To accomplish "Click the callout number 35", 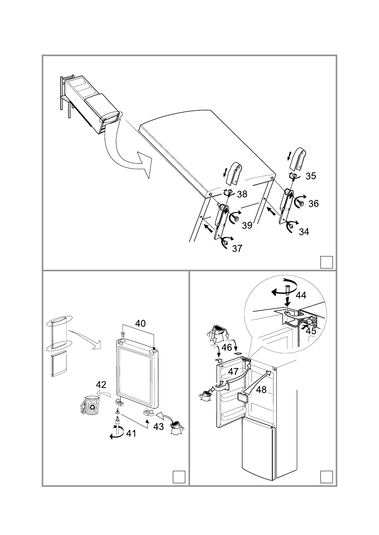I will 310,176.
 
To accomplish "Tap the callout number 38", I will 242,194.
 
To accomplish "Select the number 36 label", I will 313,204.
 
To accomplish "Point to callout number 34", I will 304,232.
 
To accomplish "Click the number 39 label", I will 247,225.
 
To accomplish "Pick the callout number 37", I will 237,248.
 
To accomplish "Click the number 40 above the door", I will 140,323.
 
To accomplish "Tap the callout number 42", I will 101,385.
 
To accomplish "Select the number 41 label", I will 131,433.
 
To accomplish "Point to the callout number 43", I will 158,427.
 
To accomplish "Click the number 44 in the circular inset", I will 301,295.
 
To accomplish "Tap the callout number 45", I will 311,331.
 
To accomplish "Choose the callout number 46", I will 227,347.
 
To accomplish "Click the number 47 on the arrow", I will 233,372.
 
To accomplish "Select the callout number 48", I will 261,390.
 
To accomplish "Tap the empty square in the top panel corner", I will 326,262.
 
